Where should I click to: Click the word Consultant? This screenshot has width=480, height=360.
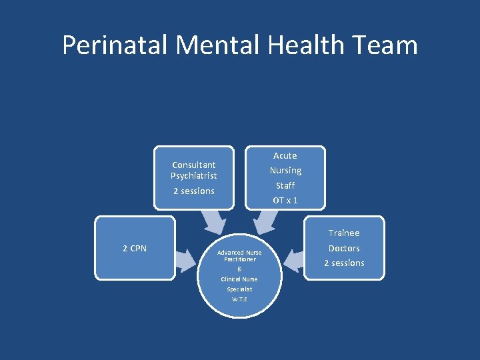193,165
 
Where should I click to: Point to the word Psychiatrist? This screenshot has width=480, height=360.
193,176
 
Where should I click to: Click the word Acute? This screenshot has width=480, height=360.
285,155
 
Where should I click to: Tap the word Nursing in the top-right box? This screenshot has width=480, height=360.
285,171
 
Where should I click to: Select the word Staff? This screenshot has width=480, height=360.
285,185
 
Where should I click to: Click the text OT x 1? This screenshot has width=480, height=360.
285,200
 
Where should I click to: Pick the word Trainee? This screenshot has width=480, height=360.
343,233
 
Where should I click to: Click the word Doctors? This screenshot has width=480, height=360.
344,248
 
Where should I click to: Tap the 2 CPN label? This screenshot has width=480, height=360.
135,249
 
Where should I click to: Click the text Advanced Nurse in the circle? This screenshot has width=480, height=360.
239,253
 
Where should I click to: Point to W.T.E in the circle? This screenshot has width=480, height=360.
239,299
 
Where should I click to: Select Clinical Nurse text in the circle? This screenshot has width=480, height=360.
239,279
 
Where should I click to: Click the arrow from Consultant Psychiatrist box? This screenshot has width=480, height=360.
215,219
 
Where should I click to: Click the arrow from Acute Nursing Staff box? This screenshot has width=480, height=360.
265,219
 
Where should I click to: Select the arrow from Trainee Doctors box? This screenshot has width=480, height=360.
293,256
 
